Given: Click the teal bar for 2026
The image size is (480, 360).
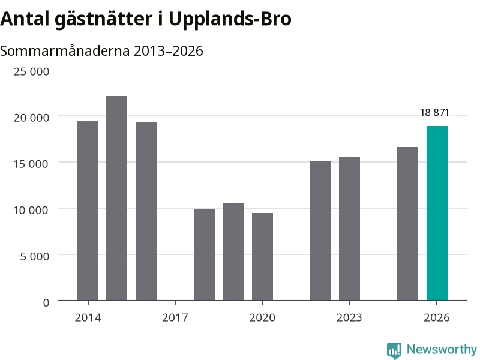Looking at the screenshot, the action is pyautogui.click(x=437, y=213).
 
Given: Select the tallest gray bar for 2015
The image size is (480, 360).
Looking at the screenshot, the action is pyautogui.click(x=116, y=198).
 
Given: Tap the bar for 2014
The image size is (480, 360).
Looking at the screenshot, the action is pyautogui.click(x=88, y=211).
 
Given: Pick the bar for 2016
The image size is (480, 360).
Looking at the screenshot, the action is pyautogui.click(x=146, y=211).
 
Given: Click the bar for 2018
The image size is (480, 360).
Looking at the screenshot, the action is pyautogui.click(x=204, y=254).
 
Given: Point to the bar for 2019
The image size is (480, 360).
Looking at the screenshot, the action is pyautogui.click(x=233, y=252).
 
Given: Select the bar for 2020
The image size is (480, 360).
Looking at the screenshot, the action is pyautogui.click(x=262, y=257).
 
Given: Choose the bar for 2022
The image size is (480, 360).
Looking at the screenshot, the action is pyautogui.click(x=320, y=231).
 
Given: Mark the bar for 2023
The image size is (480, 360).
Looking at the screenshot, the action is pyautogui.click(x=349, y=229).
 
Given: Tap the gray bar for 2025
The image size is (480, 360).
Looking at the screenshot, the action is pyautogui.click(x=407, y=224).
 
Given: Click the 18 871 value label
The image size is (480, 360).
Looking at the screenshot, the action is pyautogui.click(x=434, y=112).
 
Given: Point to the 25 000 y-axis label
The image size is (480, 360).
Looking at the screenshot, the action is pyautogui.click(x=31, y=71).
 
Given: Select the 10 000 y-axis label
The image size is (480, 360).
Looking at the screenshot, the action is pyautogui.click(x=31, y=210).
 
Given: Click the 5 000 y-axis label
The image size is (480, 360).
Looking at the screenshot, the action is pyautogui.click(x=35, y=256).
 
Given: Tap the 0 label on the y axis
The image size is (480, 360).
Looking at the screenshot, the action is pyautogui.click(x=46, y=302).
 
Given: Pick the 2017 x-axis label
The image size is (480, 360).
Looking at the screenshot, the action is pyautogui.click(x=175, y=317).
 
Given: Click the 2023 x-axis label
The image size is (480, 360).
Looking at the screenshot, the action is pyautogui.click(x=349, y=317).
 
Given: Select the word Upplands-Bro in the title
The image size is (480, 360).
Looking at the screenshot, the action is pyautogui.click(x=230, y=19).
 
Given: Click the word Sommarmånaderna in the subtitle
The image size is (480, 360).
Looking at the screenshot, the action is pyautogui.click(x=65, y=50).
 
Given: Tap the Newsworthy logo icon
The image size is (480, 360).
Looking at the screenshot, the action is pyautogui.click(x=394, y=350).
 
